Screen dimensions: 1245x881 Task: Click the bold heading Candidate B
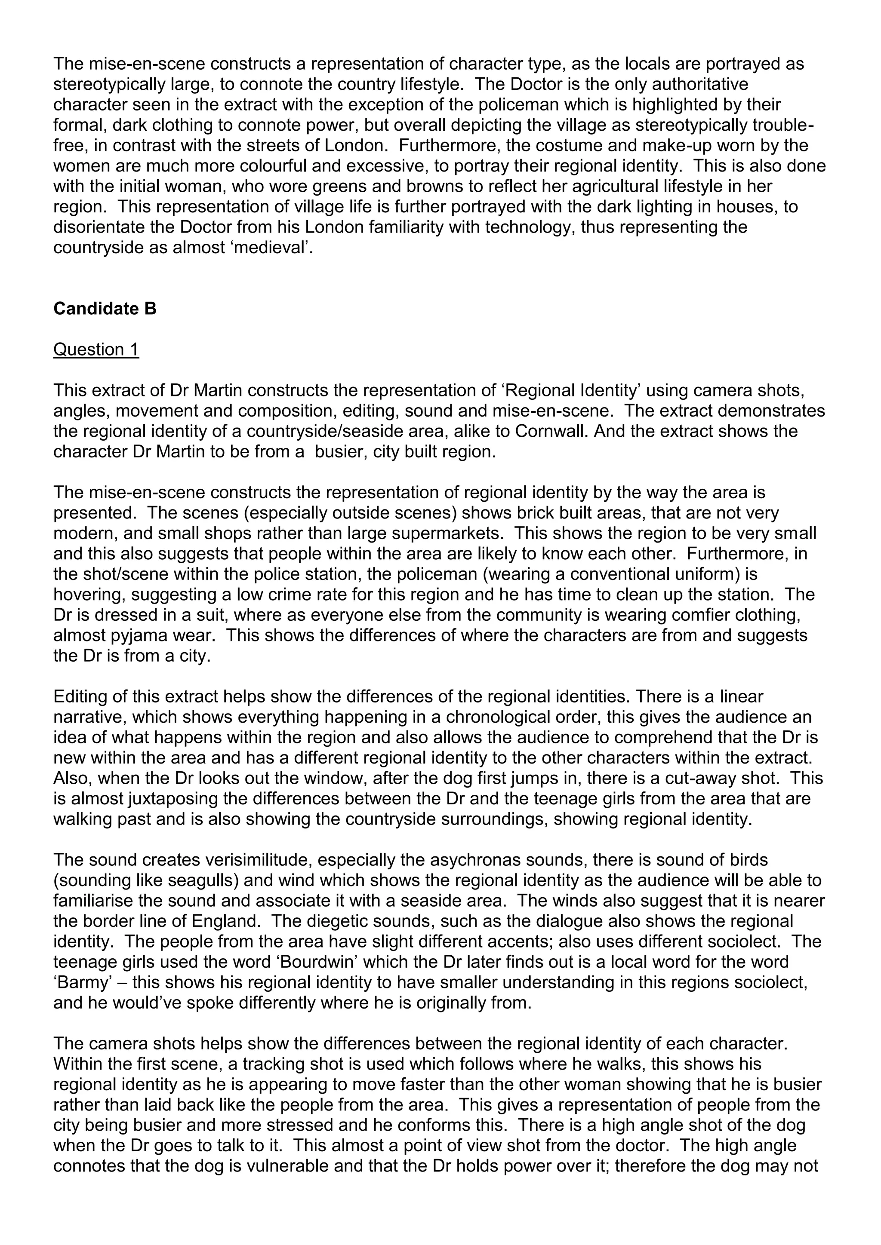[x=105, y=309]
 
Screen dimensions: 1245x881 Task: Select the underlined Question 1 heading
[x=96, y=350]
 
